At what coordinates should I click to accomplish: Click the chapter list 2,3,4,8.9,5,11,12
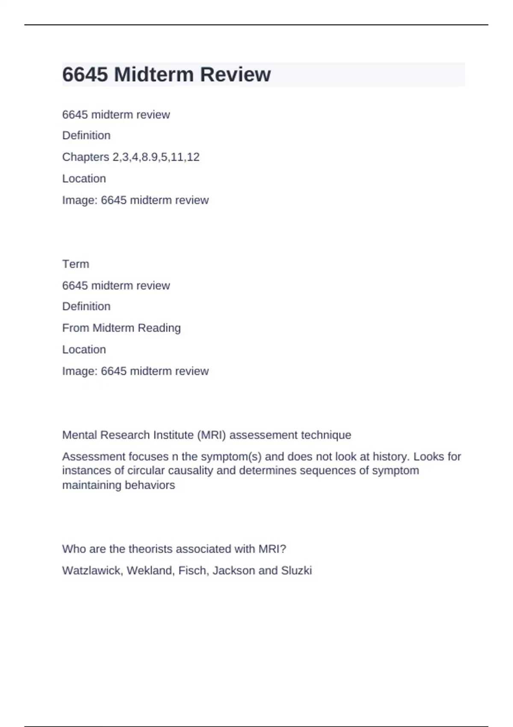pos(156,157)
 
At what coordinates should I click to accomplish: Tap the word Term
pos(76,264)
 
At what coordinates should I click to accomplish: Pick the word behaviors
pos(153,485)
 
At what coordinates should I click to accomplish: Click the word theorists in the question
pos(150,549)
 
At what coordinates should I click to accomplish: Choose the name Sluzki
pos(296,570)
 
